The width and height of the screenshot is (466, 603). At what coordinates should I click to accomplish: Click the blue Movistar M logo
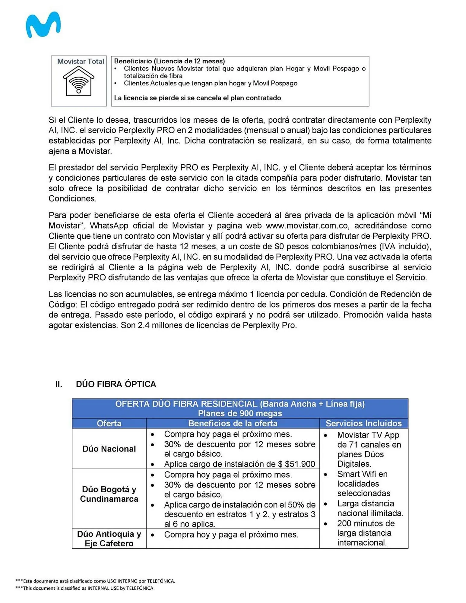click(43, 25)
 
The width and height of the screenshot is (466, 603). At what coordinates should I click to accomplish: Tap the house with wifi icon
click(78, 81)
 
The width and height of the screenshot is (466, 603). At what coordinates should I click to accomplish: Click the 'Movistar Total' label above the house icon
click(81, 61)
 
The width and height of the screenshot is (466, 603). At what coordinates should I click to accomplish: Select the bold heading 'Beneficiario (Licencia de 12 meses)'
click(169, 61)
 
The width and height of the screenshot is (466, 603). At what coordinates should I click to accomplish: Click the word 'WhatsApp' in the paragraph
click(109, 226)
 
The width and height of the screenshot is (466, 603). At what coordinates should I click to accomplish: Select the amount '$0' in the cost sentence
click(279, 246)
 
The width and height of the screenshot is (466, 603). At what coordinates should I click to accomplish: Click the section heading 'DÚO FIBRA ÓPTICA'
click(116, 384)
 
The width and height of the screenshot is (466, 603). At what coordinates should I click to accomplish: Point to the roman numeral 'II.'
click(59, 384)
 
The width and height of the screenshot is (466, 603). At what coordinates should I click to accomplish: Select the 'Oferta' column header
click(109, 423)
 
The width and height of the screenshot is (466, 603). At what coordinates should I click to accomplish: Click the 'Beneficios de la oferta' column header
click(233, 423)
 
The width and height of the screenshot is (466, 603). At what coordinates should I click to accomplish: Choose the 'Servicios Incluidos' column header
click(363, 423)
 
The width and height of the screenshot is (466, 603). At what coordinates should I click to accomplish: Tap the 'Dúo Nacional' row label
click(109, 449)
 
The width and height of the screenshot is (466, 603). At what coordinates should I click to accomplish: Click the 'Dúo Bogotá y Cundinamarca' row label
click(109, 494)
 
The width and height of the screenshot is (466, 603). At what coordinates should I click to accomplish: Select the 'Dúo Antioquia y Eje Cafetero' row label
click(109, 538)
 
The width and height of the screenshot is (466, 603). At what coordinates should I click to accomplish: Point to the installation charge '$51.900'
click(300, 464)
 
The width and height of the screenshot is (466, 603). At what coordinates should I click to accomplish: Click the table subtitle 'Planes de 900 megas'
click(240, 413)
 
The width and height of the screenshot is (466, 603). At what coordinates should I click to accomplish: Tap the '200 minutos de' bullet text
click(366, 523)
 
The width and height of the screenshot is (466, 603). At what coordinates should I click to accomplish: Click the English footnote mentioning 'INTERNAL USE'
click(85, 588)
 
